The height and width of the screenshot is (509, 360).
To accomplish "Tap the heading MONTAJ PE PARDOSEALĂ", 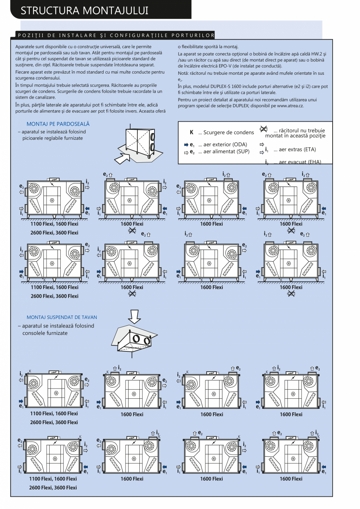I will click(x=58, y=124).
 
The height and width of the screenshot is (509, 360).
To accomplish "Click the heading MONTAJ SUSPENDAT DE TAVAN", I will click(x=62, y=317).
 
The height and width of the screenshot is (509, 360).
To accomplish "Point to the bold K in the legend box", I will click(x=191, y=132).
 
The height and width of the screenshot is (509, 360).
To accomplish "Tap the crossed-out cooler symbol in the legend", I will click(x=263, y=129).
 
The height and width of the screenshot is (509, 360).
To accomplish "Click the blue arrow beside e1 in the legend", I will click(x=186, y=144).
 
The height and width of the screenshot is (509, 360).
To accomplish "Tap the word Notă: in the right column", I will click(x=184, y=73).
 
